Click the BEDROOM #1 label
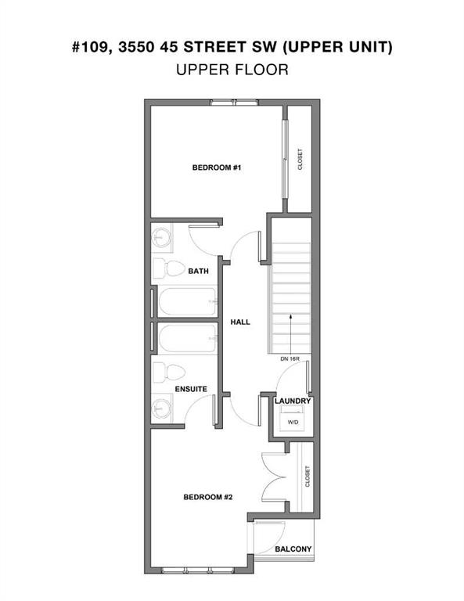pyautogui.click(x=215, y=167)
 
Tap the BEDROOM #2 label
pyautogui.click(x=207, y=496)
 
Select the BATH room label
pyautogui.click(x=197, y=272)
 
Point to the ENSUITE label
pyautogui.click(x=191, y=388)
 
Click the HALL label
pyautogui.click(x=240, y=322)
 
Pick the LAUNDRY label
pyautogui.click(x=293, y=401)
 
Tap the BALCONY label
pyautogui.click(x=293, y=549)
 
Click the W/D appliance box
pyautogui.click(x=293, y=420)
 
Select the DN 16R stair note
pyautogui.click(x=291, y=359)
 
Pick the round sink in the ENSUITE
pyautogui.click(x=163, y=407)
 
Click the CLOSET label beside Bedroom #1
pyautogui.click(x=300, y=160)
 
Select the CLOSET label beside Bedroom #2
pyautogui.click(x=308, y=477)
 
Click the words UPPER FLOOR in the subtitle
pyautogui.click(x=232, y=70)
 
